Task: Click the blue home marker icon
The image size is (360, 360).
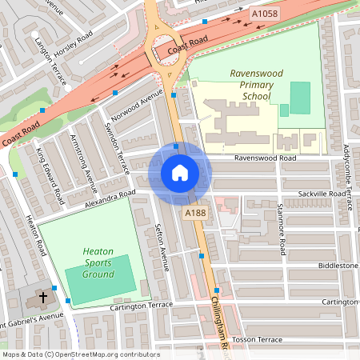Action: tap(180, 173)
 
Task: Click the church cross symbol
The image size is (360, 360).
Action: tap(42, 298)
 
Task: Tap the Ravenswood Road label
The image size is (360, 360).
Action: tap(265, 158)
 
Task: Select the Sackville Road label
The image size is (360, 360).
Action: tap(321, 194)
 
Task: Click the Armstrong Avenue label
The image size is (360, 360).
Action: tap(83, 167)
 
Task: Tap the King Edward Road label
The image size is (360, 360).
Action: tap(50, 173)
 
